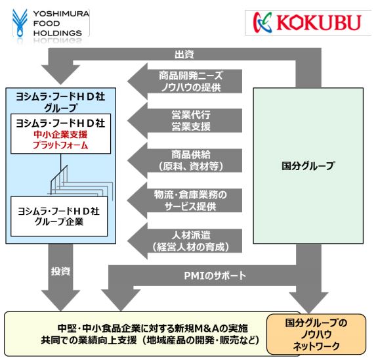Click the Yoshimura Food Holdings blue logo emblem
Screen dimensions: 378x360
pyautogui.click(x=20, y=23)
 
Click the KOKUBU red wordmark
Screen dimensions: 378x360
pyautogui.click(x=319, y=23)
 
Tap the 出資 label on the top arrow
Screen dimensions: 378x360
pyautogui.click(x=184, y=55)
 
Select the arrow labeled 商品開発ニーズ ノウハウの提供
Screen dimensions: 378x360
pyautogui.click(x=185, y=81)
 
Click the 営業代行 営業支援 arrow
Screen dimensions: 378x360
pyautogui.click(x=185, y=121)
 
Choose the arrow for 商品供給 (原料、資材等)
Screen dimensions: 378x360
pyautogui.click(x=185, y=160)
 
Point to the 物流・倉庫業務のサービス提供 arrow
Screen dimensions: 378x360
pyautogui.click(x=185, y=200)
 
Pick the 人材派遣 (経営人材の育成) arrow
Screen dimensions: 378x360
pyautogui.click(x=185, y=241)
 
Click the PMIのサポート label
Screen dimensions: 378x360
pyautogui.click(x=215, y=275)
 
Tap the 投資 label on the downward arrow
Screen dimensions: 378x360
pyautogui.click(x=61, y=271)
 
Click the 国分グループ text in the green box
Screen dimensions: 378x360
pyautogui.click(x=308, y=166)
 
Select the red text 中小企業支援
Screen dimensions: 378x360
pyautogui.click(x=60, y=135)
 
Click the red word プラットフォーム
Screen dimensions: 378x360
pyautogui.click(x=60, y=145)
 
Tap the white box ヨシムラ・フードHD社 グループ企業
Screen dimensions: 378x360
pyautogui.click(x=59, y=216)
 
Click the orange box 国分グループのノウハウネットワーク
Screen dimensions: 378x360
pyautogui.click(x=316, y=334)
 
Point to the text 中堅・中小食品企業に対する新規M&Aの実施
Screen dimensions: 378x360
pyautogui.click(x=153, y=328)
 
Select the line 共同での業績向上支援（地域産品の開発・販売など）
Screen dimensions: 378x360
pyautogui.click(x=150, y=340)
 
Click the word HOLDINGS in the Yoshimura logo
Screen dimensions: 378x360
pyautogui.click(x=58, y=33)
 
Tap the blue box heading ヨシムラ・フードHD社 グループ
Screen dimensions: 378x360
pyautogui.click(x=60, y=102)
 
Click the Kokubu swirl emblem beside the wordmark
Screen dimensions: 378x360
pyautogui.click(x=262, y=22)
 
